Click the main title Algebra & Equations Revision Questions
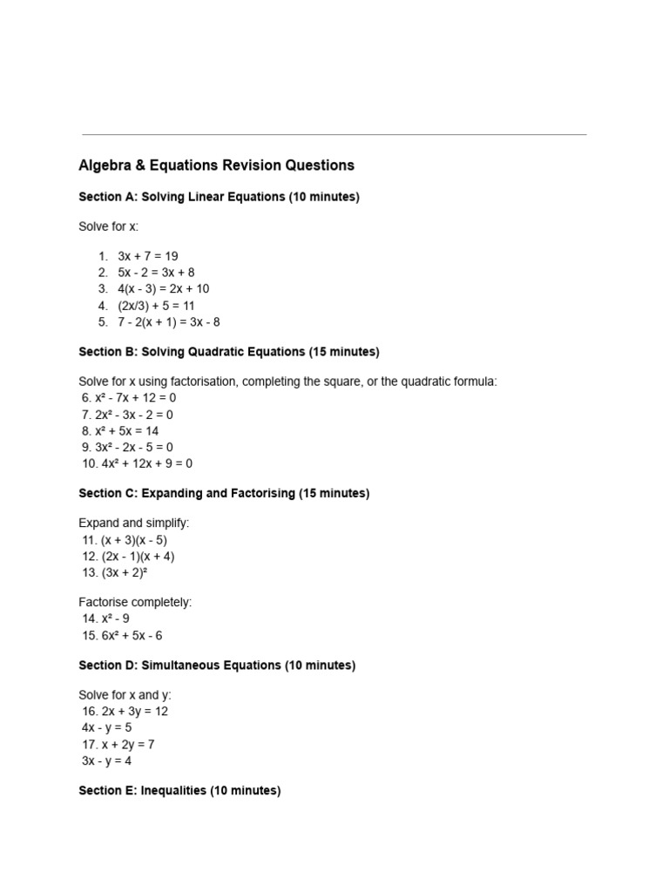click(x=216, y=166)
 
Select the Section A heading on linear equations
click(x=219, y=197)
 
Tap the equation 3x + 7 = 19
click(x=147, y=256)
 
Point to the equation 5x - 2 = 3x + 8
click(x=156, y=273)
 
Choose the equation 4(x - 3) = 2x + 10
click(x=163, y=289)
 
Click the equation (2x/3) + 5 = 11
click(x=156, y=306)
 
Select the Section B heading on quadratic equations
click(x=228, y=352)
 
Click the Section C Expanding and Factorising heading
click(x=224, y=493)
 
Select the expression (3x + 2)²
click(x=118, y=573)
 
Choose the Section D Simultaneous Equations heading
click(x=217, y=666)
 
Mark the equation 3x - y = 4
click(x=109, y=760)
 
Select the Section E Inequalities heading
click(x=179, y=791)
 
